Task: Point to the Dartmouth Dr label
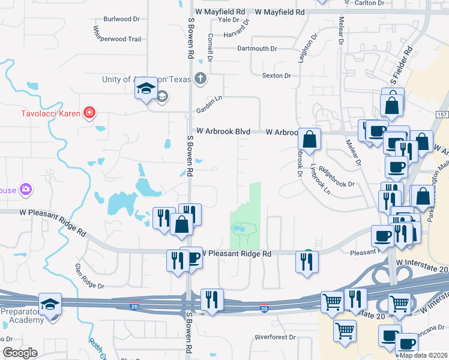click(x=257, y=49)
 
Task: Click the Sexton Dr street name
click(x=276, y=76)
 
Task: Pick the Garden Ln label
click(x=209, y=104)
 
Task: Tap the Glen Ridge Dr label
click(x=89, y=275)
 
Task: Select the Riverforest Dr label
click(x=275, y=337)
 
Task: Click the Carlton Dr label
click(x=369, y=3)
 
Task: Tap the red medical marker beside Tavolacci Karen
click(x=89, y=112)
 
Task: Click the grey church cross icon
click(x=200, y=79)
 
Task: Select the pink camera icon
click(x=25, y=190)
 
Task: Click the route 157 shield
click(x=442, y=115)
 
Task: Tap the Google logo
click(x=19, y=353)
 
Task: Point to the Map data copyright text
click(x=423, y=355)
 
